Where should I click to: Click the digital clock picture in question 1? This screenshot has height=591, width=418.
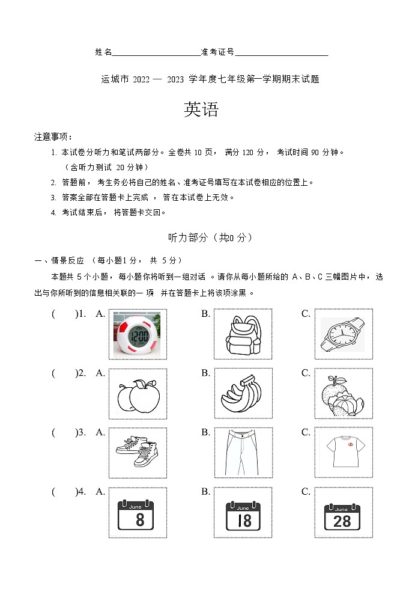138,334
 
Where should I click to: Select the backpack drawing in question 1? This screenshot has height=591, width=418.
243,334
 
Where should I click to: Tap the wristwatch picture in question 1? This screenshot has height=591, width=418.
342,334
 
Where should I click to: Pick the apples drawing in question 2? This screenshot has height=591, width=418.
138,394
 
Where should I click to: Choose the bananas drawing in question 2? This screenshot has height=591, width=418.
242,394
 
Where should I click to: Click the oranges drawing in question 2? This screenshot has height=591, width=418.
342,394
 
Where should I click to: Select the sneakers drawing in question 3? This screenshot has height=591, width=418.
138,453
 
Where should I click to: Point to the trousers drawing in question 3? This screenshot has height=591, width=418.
242,453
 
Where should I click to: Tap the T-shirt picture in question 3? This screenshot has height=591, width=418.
342,452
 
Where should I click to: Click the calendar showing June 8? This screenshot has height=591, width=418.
138,513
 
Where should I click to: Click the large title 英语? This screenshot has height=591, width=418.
201,109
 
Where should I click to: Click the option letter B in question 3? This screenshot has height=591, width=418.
205,432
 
